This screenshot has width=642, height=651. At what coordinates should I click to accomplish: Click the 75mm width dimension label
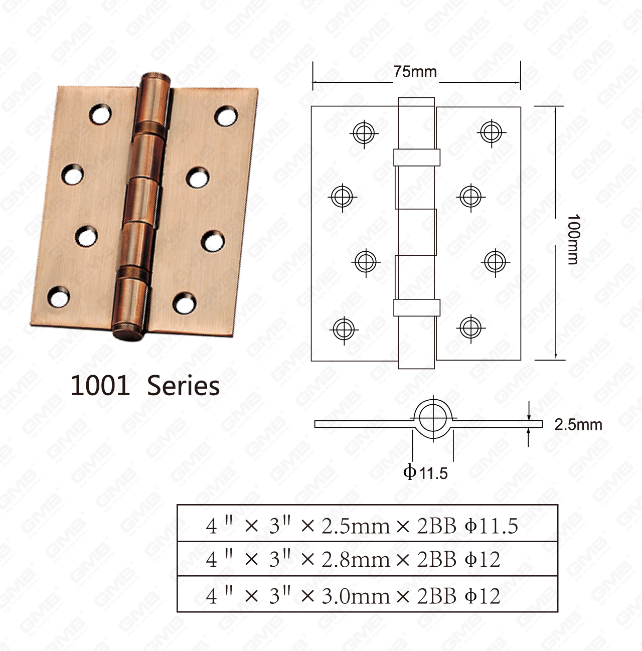(x=415, y=72)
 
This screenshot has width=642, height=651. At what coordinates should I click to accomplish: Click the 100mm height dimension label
(x=573, y=239)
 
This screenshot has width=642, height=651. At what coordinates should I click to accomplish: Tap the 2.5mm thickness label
(x=578, y=425)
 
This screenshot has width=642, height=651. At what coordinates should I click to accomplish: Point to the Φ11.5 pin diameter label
(x=425, y=472)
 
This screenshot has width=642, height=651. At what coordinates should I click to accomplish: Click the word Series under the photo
(x=183, y=386)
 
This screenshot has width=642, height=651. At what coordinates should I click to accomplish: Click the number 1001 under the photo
(x=100, y=386)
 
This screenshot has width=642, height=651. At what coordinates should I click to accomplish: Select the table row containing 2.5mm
(x=367, y=525)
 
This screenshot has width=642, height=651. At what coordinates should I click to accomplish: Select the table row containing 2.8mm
(x=367, y=559)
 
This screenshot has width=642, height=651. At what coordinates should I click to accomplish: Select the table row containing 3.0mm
(x=367, y=595)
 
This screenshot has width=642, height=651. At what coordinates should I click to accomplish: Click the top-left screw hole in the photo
(x=101, y=114)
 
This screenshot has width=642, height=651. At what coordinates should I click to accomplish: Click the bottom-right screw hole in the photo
(x=184, y=303)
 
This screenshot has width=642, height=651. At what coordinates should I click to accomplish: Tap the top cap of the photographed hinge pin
(x=156, y=80)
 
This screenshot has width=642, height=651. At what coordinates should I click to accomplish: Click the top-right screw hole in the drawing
(x=491, y=133)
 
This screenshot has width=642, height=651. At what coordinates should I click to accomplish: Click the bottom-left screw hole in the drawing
(x=344, y=330)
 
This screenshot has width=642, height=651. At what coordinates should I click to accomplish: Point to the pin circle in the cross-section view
(x=433, y=418)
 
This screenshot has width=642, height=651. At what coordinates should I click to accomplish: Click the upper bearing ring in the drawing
(x=416, y=157)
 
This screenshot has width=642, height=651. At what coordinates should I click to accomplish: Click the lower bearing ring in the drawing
(x=416, y=307)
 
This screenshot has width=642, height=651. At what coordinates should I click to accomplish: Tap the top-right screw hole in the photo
(x=226, y=116)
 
